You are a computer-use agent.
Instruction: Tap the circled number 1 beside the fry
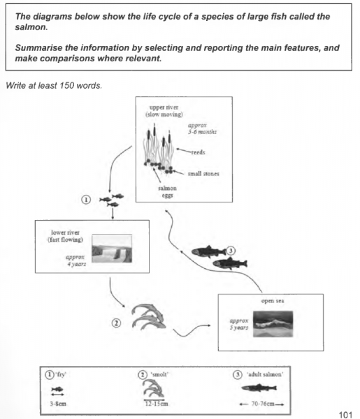point(86,199)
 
